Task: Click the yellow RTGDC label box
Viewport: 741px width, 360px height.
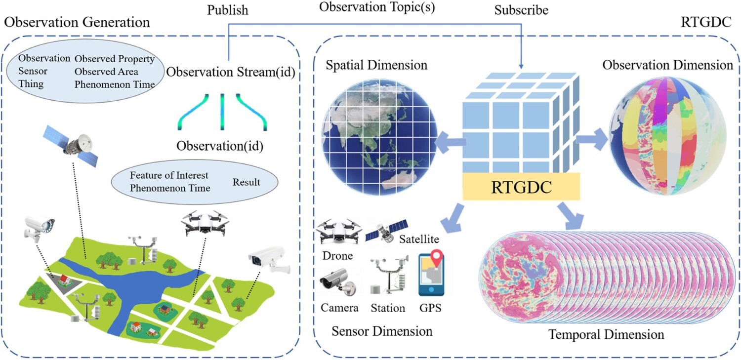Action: [521, 187]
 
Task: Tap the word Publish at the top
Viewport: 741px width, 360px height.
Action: [228, 10]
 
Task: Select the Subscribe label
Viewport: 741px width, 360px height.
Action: [521, 10]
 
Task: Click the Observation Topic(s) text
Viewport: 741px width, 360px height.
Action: [377, 7]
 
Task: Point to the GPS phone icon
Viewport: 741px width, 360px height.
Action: [431, 274]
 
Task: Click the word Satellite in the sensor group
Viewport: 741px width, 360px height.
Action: [419, 239]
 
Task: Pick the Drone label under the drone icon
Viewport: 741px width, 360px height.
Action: [337, 255]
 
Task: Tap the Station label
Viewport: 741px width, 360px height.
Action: [388, 308]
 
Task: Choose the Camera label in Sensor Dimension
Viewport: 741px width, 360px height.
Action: [339, 308]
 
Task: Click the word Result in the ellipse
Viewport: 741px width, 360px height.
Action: [246, 182]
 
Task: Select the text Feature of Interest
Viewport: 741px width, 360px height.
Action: [169, 175]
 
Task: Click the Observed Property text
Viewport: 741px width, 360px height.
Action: [115, 59]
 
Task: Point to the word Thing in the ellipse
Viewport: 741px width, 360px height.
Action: [31, 84]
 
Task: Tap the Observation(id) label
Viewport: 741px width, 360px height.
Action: [220, 146]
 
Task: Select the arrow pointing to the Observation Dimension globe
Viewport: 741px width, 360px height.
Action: [592, 139]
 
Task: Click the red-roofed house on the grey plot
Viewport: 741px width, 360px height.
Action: [65, 280]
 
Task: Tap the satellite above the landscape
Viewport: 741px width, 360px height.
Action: [71, 146]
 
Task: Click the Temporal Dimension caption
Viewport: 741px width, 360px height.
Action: [606, 334]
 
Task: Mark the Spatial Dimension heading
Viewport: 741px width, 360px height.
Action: [376, 65]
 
